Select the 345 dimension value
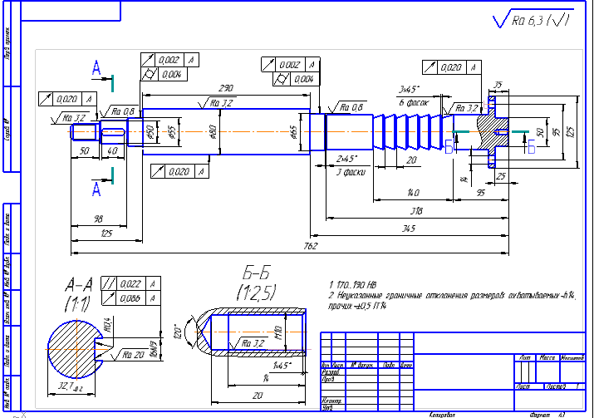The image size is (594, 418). [x=409, y=228]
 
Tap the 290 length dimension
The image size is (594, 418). [x=224, y=87]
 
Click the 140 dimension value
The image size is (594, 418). [x=412, y=194]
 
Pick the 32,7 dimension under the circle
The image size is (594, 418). [x=71, y=386]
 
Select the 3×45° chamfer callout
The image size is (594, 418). [x=410, y=89]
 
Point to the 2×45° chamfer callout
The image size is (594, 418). [x=345, y=158]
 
